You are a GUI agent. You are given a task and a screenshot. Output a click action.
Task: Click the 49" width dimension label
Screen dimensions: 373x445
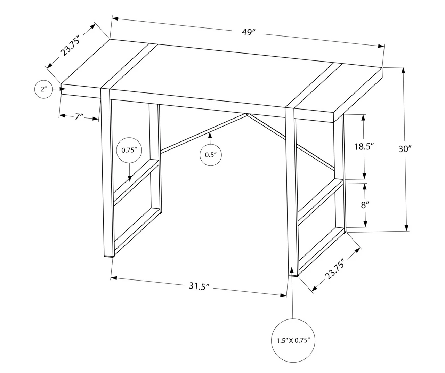coord(249,32)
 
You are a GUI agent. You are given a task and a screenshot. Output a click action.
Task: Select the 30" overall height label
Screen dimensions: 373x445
coord(405,149)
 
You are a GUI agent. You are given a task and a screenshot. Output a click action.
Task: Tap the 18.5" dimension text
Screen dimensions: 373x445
coord(364,146)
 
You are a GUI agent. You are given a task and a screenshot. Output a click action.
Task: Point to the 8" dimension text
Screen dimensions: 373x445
coord(364,205)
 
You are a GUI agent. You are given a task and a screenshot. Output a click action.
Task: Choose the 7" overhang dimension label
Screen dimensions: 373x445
coord(79,116)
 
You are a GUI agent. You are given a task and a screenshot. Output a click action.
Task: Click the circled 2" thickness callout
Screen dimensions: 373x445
coord(43,89)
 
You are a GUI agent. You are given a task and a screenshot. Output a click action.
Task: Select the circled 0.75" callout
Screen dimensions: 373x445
coord(129,151)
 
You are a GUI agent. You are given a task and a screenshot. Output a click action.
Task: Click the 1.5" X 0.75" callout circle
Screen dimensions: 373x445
coord(293,340)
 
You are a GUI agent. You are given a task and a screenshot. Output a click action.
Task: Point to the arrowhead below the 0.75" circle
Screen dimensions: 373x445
coord(130,179)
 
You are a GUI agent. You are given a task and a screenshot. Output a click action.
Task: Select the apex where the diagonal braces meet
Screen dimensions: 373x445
coord(247,114)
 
